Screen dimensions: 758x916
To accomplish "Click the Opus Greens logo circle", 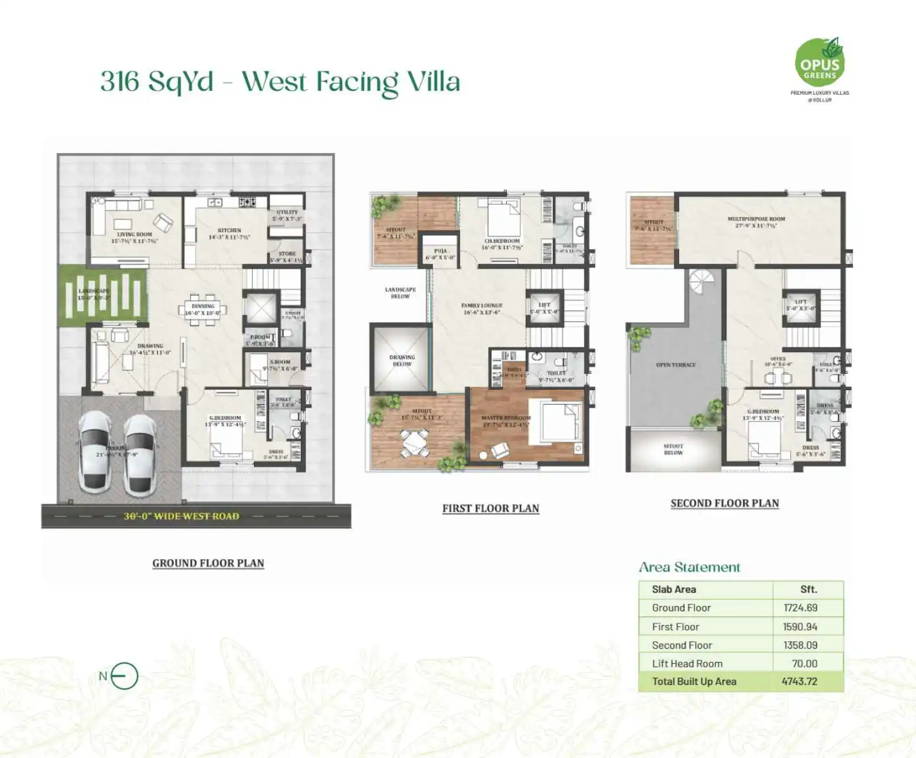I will pos(819,63).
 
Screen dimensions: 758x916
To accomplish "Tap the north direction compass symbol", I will pos(124,677).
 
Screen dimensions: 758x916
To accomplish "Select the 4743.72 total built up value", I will pos(799,681).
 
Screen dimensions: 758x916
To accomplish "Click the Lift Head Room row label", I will pos(687,663).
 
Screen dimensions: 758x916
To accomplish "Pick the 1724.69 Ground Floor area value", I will pos(800,608).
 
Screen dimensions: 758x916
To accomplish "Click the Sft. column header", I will pos(808,589).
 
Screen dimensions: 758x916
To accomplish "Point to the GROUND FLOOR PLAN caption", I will pos(208,563).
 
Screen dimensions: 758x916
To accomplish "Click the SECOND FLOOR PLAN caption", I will pos(724,503).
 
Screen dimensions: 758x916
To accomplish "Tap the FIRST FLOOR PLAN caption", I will pos(490,508).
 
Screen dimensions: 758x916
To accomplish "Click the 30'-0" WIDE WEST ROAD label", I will pos(181,516).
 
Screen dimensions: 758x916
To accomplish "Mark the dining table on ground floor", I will pos(203,309).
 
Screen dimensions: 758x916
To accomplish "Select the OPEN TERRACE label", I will pos(676,364).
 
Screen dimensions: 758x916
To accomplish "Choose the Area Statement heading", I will pos(689,567).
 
